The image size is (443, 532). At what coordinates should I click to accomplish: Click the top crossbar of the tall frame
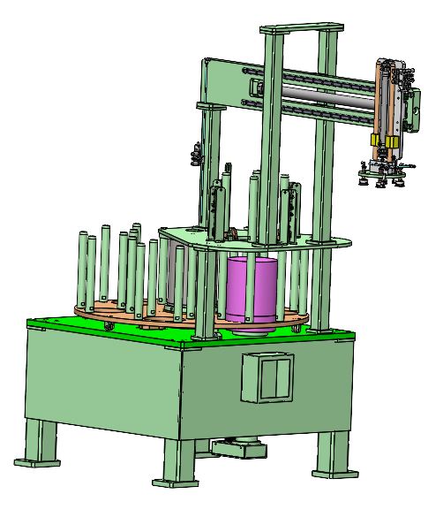click(299, 30)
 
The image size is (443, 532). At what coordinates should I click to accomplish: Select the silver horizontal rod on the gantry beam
click(327, 90)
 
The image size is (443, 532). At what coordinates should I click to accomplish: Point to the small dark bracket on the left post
click(193, 157)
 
